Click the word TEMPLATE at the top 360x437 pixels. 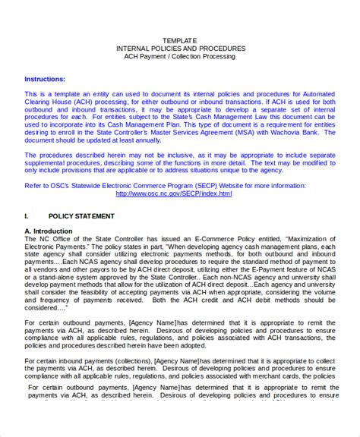[180, 39]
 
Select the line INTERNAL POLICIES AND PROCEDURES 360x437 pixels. [180, 48]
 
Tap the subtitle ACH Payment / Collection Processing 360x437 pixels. [180, 56]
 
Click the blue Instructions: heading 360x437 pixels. [45, 79]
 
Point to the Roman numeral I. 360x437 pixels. [27, 216]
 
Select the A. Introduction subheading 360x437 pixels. [49, 231]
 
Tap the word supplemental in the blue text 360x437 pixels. [49, 165]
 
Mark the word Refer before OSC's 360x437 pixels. [33, 184]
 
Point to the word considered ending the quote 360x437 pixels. [44, 309]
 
